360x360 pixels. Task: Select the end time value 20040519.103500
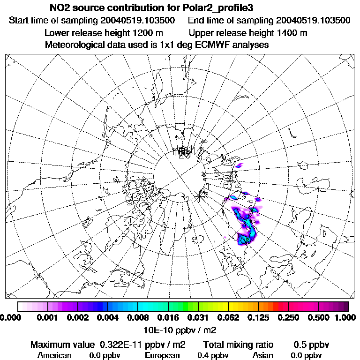coord(313,21)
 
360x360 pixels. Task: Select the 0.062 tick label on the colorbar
coord(228,318)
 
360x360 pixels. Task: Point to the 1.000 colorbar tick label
coord(346,318)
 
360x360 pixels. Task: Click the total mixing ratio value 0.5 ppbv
coord(311,345)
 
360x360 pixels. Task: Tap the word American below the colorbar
coord(54,355)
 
